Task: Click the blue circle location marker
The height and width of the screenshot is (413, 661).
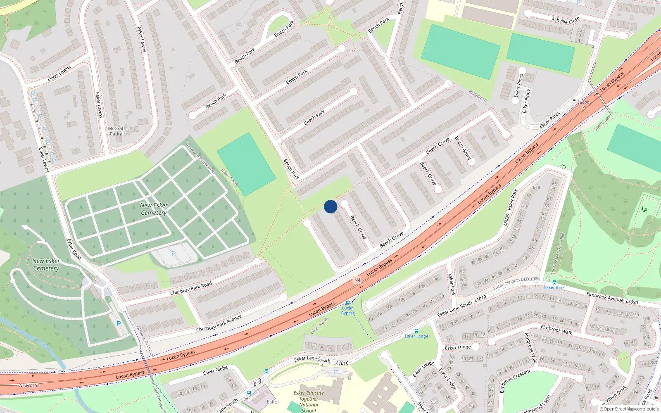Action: pyautogui.click(x=330, y=206)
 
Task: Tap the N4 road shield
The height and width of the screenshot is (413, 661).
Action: pyautogui.click(x=357, y=280)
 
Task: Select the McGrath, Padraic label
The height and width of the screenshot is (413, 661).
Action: pyautogui.click(x=118, y=131)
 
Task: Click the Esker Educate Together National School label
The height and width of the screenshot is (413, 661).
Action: pyautogui.click(x=309, y=401)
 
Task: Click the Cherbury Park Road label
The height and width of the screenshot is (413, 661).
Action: pyautogui.click(x=191, y=288)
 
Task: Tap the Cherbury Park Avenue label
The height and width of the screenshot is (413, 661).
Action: pyautogui.click(x=219, y=323)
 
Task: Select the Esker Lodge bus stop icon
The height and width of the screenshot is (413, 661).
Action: pyautogui.click(x=416, y=331)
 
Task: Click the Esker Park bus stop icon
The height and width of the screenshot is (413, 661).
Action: pyautogui.click(x=554, y=282)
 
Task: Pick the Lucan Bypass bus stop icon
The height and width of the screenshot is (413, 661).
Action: pyautogui.click(x=348, y=303)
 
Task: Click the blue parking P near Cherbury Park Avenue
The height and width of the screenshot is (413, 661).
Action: pyautogui.click(x=119, y=324)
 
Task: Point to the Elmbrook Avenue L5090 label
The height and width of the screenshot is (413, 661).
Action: pyautogui.click(x=612, y=298)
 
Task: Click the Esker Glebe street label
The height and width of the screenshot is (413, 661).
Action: pyautogui.click(x=215, y=370)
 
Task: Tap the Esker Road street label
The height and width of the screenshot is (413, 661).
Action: pyautogui.click(x=74, y=249)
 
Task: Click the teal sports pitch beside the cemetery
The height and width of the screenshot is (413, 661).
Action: pyautogui.click(x=246, y=164)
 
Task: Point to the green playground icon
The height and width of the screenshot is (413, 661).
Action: pyautogui.click(x=644, y=209)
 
